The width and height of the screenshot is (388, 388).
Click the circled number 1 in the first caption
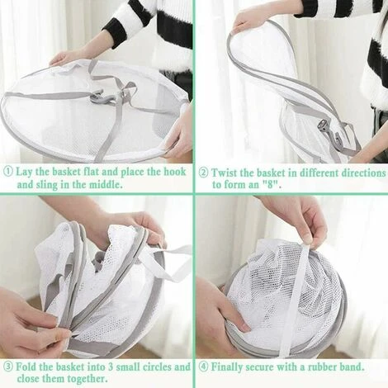(x=8, y=172)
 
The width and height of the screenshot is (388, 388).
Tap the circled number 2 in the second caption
(x=204, y=173)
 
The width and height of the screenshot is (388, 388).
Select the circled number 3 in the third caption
(x=8, y=367)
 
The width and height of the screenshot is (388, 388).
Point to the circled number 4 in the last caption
(x=204, y=367)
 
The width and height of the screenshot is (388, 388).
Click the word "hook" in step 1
(x=175, y=172)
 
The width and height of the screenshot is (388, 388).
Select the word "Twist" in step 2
(x=223, y=173)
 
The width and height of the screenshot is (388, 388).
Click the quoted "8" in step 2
(x=272, y=184)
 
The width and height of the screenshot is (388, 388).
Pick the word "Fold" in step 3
(x=26, y=367)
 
